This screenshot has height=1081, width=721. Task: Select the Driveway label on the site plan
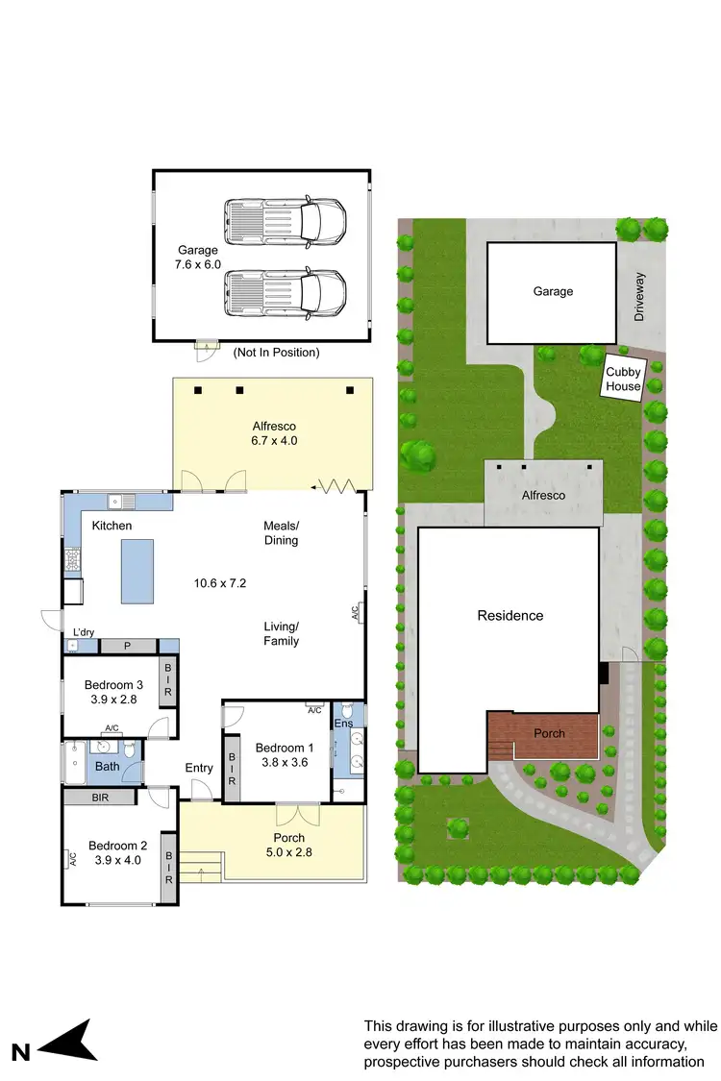(x=641, y=297)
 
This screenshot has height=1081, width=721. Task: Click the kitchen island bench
(x=137, y=570)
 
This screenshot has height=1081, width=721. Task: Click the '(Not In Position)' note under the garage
(x=276, y=353)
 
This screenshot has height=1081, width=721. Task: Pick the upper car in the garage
(x=285, y=220)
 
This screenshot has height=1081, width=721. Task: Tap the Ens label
(x=342, y=724)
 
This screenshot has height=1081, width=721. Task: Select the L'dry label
(x=84, y=632)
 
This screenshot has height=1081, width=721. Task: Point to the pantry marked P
(x=129, y=646)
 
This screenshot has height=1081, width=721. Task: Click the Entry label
(x=199, y=767)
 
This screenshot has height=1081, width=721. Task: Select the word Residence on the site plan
(x=510, y=615)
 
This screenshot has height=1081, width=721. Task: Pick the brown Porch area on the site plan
(x=543, y=734)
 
